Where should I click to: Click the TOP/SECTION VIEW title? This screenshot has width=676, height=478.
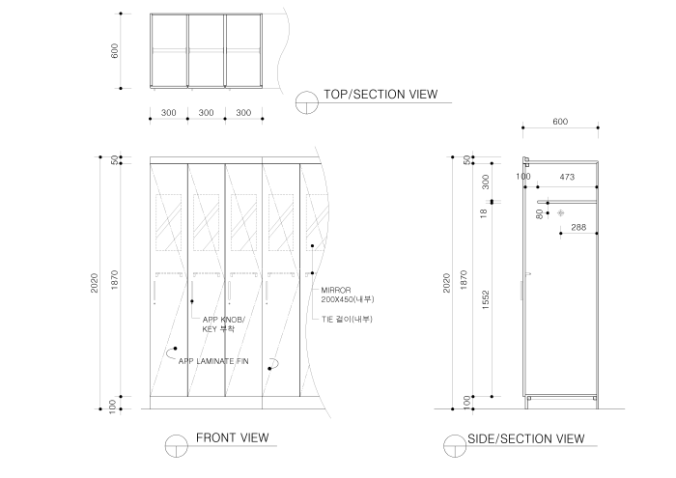[381, 95]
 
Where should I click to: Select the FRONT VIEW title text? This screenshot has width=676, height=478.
[232, 437]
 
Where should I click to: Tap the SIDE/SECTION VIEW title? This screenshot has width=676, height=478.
[525, 438]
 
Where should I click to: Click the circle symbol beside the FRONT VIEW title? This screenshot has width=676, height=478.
[175, 445]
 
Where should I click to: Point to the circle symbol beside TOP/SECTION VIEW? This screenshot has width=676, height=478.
[307, 101]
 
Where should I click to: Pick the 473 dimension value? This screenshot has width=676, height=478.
[567, 177]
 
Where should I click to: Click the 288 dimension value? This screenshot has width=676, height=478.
[577, 228]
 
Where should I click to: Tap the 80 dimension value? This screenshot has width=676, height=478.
[540, 213]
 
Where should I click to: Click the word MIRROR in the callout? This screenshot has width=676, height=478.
[336, 290]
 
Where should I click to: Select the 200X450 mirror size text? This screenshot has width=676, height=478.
[347, 300]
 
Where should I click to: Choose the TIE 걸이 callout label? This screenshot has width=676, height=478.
[347, 319]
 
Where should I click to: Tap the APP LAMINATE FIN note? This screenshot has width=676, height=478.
[213, 361]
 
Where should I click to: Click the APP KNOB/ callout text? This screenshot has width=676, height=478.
[223, 320]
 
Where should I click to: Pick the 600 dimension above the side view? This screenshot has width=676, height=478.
[560, 122]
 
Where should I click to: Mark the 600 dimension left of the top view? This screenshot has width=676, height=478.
[115, 51]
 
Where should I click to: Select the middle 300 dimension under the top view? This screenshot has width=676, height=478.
[206, 113]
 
